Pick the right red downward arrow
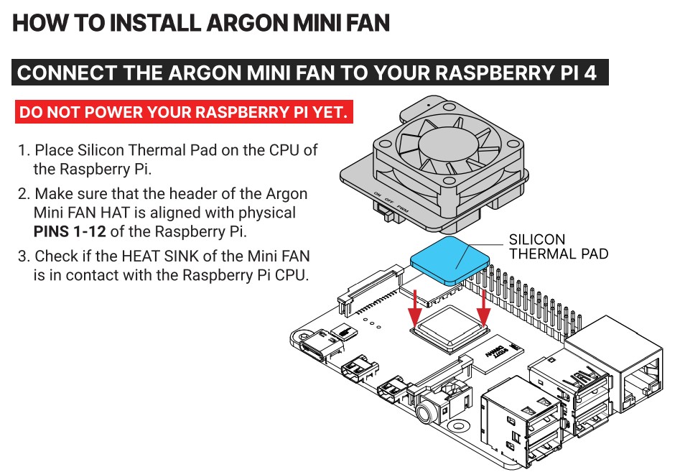(483, 305)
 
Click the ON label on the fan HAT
(378, 195)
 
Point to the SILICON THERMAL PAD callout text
(558, 246)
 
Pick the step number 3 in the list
(23, 256)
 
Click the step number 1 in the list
(23, 151)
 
